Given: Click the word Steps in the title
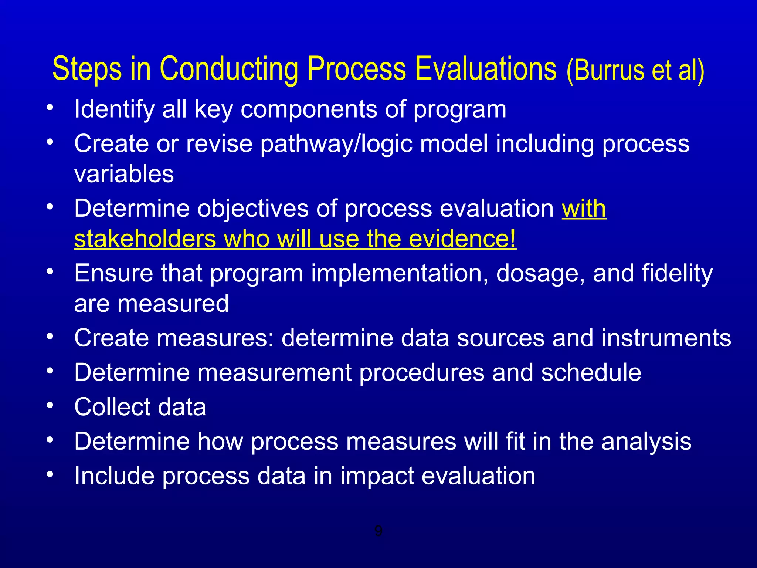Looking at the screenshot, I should click(x=87, y=69).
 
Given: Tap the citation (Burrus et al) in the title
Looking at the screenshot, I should click(x=635, y=70).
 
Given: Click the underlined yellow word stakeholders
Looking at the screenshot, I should click(x=145, y=239).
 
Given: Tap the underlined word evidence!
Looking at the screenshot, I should click(x=462, y=239).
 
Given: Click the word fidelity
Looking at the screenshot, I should click(x=677, y=274).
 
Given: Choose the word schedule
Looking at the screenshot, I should click(x=591, y=372).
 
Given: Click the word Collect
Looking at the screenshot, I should click(x=112, y=407).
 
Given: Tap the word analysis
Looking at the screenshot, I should click(x=646, y=442).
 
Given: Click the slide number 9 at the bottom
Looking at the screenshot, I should click(x=378, y=531).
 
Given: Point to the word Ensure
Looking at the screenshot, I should click(x=113, y=274).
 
